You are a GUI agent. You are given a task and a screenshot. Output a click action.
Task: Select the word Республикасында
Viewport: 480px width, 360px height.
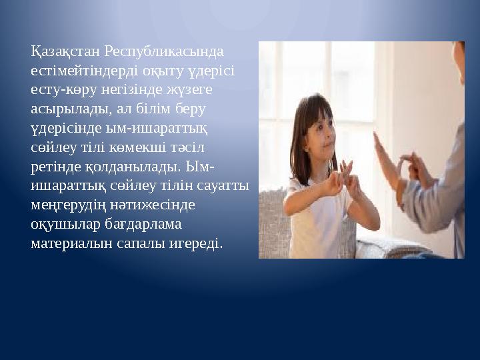click(165, 51)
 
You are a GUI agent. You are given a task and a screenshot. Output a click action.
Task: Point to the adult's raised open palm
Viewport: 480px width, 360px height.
click(383, 157)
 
